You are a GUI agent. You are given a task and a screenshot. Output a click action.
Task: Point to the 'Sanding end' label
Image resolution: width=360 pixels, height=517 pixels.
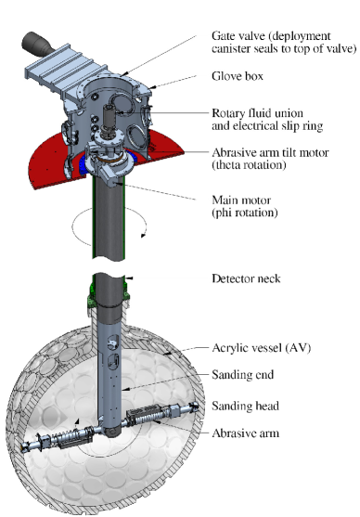coord(239,377)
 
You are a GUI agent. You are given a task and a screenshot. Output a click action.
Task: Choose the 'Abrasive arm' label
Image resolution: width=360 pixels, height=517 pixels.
coord(243,433)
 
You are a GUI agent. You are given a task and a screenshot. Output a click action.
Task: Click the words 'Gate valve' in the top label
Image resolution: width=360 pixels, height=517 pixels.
coord(231,36)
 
